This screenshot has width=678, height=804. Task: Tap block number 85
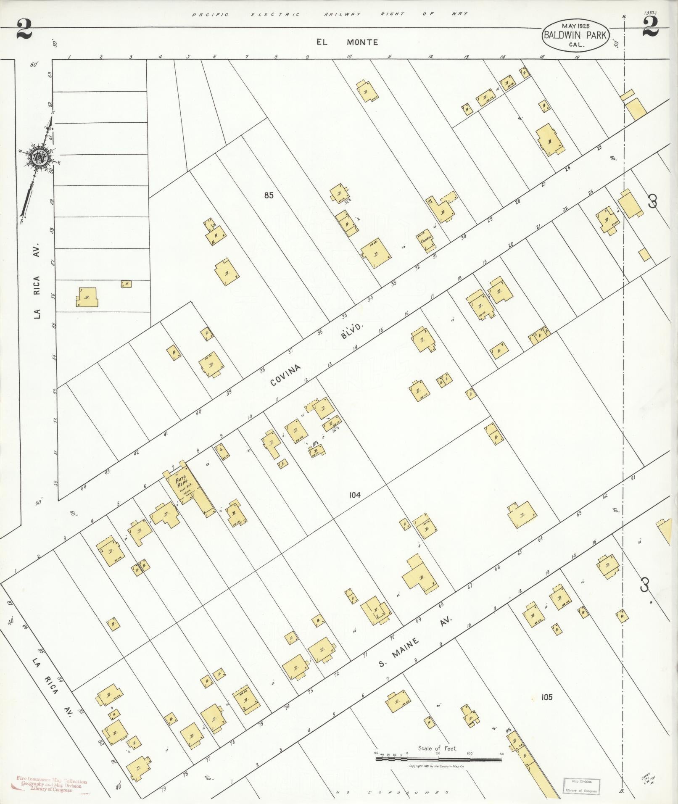pyautogui.click(x=269, y=195)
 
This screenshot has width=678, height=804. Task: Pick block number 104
pyautogui.click(x=355, y=495)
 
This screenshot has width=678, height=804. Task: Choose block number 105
pyautogui.click(x=546, y=697)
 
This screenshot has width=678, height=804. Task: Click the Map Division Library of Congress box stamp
pyautogui.click(x=582, y=785)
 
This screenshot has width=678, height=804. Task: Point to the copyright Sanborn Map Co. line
pyautogui.click(x=437, y=766)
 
